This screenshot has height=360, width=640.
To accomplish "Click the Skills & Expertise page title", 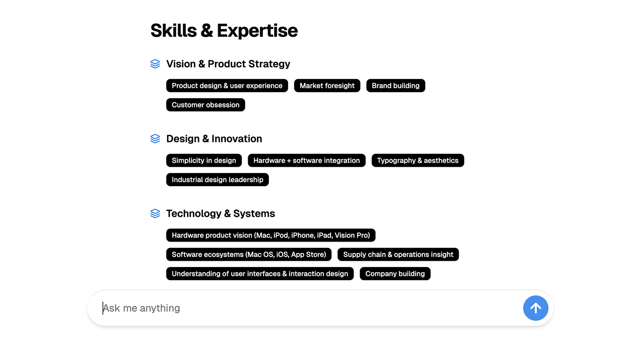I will coord(224,31).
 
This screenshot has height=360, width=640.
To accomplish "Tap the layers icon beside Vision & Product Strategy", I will coord(155,64).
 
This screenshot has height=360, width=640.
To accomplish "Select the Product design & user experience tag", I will coord(227,86).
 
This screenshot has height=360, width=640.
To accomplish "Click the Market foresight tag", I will coord(327,86).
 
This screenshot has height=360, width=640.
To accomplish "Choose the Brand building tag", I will coord(395,86).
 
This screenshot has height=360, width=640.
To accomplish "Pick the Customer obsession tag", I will coord(205,105).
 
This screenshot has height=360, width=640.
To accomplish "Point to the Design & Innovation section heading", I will coord(214,139).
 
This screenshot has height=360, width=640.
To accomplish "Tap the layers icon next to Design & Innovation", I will coord(155,139).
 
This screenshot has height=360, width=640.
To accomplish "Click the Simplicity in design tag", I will coord(204,160).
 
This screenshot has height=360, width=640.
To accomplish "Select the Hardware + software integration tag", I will coord(306,160).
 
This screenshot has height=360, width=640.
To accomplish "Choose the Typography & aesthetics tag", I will coord(418,160).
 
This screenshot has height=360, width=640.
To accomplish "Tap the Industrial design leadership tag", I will coord(217,180).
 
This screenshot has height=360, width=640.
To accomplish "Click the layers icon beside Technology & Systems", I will coord(155,213).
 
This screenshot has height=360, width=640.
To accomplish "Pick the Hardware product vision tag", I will coord(271,235).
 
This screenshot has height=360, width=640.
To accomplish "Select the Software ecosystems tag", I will coord(249,254).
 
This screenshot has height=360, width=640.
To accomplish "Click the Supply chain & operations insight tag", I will coord(398,254).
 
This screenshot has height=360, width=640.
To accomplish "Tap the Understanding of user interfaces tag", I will coord(260,274).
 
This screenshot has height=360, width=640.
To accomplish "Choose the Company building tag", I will coord(395,274).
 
